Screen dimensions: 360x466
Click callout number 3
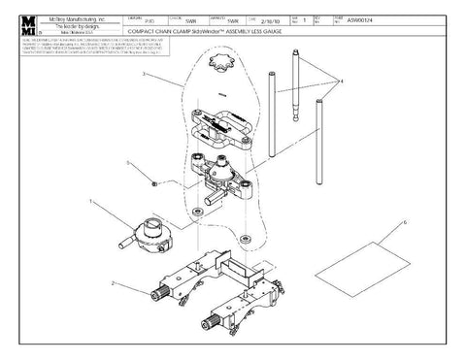pyautogui.click(x=143, y=74)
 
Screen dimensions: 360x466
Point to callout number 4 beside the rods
pyautogui.click(x=339, y=81)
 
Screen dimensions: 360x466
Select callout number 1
pyautogui.click(x=90, y=203)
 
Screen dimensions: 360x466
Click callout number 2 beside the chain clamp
pyautogui.click(x=115, y=284)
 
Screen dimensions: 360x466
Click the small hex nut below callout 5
pyautogui.click(x=153, y=181)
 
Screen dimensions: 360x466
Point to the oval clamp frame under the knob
pyautogui.click(x=222, y=125)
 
